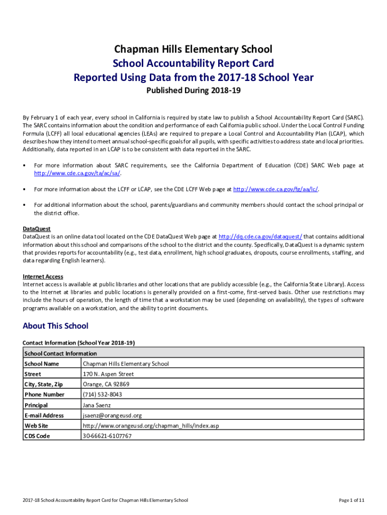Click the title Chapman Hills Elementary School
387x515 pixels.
[x=193, y=49]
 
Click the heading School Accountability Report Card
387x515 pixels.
[x=193, y=63]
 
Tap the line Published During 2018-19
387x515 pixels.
[x=193, y=91]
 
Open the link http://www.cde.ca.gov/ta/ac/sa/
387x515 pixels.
[x=77, y=174]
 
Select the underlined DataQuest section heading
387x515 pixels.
[x=37, y=228]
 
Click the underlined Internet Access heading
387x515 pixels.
[x=43, y=276]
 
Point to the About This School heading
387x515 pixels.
[x=55, y=326]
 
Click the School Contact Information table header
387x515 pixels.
[x=60, y=353]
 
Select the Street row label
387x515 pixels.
[x=33, y=374]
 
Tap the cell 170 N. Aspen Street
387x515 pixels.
[x=108, y=374]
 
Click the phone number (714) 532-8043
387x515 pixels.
[x=102, y=395]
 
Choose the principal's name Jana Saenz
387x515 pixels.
[x=96, y=405]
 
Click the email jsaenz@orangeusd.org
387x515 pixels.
[x=112, y=415]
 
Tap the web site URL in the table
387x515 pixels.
[x=150, y=425]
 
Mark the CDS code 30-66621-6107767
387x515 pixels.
[x=107, y=436]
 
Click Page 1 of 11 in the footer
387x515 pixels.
[x=351, y=500]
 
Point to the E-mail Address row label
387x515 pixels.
[x=44, y=415]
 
